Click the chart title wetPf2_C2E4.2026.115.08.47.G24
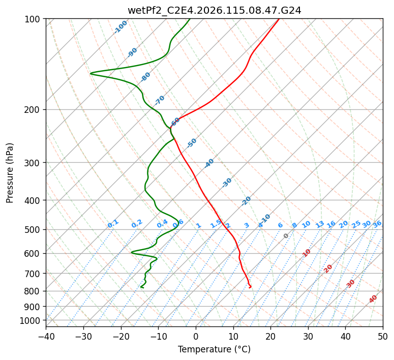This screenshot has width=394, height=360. point(214,10)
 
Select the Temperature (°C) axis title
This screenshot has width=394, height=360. point(214,350)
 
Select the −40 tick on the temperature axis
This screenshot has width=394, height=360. point(46,336)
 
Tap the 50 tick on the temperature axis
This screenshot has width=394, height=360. point(383,336)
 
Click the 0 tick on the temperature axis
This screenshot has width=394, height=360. point(196,336)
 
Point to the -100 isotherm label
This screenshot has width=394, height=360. point(120,27)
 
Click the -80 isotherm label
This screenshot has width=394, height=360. point(145,77)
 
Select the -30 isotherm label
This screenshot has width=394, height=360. point(227,182)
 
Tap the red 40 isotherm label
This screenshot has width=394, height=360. point(373,299)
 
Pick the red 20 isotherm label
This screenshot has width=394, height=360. point(328,268)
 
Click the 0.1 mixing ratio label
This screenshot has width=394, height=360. point(113,223)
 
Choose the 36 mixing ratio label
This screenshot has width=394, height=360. point(377,224)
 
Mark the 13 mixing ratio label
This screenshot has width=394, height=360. point(320,224)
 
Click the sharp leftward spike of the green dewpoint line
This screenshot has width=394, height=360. point(91,74)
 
